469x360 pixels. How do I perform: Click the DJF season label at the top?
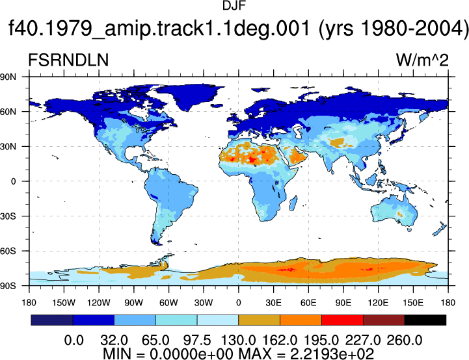(x=234, y=5)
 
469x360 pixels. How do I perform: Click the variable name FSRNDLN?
(x=68, y=60)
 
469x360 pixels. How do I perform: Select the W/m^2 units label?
(x=422, y=60)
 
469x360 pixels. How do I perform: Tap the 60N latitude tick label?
(x=8, y=112)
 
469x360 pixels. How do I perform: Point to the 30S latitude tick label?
(x=8, y=216)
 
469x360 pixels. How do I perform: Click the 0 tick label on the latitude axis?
(x=13, y=181)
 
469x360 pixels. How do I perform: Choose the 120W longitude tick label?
(x=99, y=303)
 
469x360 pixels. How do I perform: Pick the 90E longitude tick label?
(x=343, y=303)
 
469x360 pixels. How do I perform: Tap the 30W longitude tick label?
(x=204, y=303)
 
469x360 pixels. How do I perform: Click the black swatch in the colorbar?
(x=425, y=320)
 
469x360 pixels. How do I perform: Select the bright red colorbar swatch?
(x=342, y=320)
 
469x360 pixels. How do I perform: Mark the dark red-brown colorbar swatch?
(x=384, y=320)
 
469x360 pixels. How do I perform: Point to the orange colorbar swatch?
(x=301, y=320)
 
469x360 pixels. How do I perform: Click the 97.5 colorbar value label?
(x=196, y=341)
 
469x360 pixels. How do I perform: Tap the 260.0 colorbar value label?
(x=404, y=341)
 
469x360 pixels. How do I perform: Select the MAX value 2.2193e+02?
(x=332, y=354)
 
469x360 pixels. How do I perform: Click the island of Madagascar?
(x=293, y=203)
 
